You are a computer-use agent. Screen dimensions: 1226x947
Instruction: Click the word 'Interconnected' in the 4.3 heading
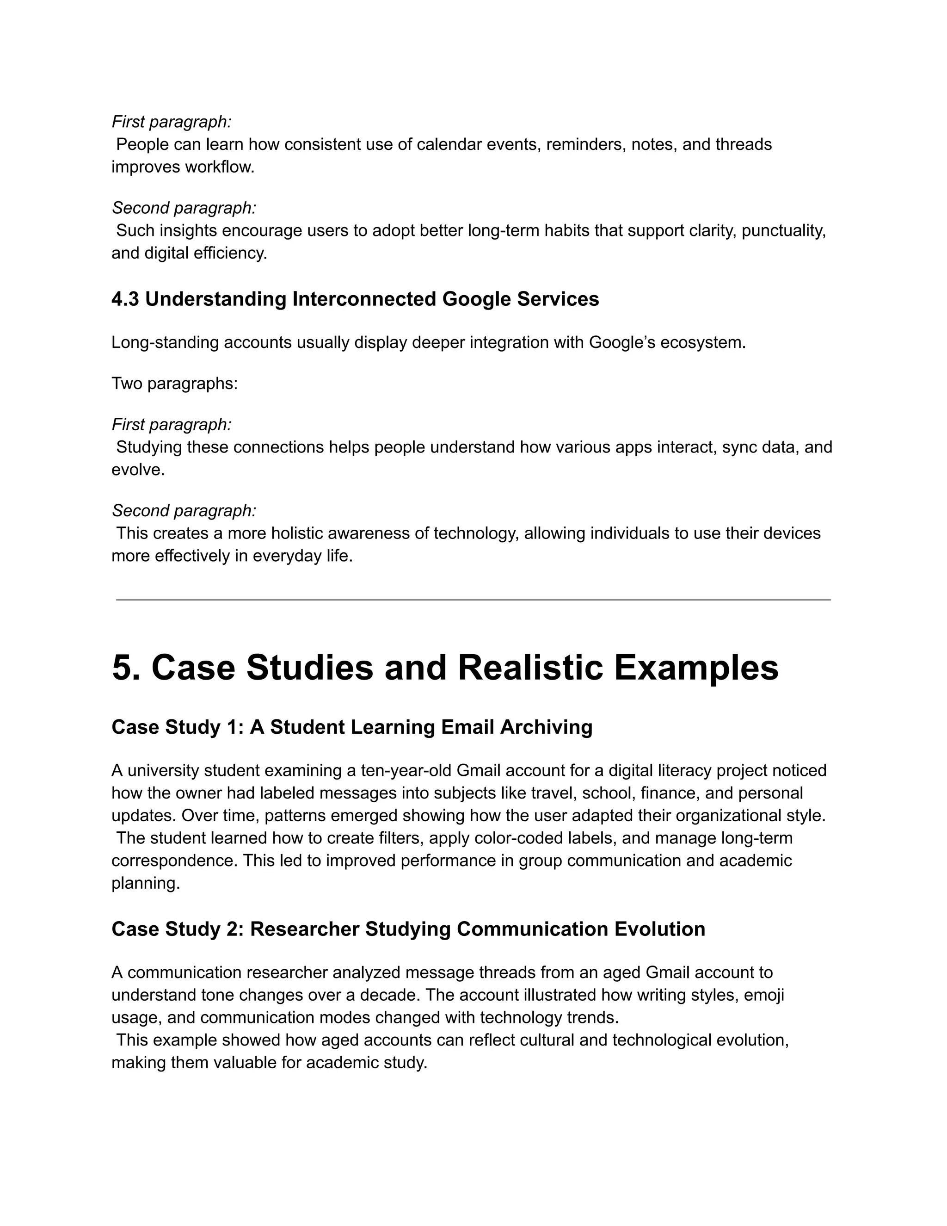pos(364,299)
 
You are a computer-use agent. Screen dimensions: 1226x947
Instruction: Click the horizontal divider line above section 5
pos(473,600)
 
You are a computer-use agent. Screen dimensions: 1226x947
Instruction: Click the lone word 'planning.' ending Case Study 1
pos(146,883)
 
